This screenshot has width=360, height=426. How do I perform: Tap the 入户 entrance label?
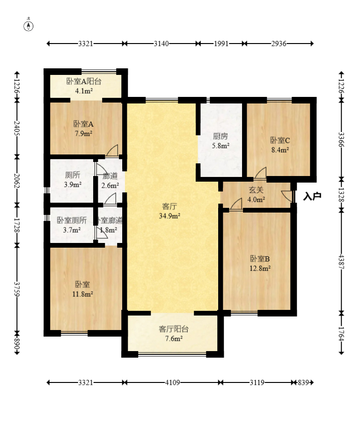[312, 196]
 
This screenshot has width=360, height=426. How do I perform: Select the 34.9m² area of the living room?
[170, 216]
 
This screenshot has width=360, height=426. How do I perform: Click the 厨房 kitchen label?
[220, 136]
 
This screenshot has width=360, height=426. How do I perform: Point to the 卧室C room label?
[280, 140]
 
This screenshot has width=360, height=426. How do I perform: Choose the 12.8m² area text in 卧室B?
[260, 268]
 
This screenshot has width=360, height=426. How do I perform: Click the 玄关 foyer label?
[256, 190]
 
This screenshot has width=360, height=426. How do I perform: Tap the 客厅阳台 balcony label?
[174, 329]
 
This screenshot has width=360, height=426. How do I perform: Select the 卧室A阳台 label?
[84, 81]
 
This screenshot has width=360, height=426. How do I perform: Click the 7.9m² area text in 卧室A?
[83, 134]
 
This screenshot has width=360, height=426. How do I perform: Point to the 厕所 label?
[73, 175]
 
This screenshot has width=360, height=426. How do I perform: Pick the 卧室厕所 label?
[72, 220]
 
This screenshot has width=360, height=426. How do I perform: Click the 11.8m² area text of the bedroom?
[83, 294]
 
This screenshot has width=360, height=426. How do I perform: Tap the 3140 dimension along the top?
[162, 44]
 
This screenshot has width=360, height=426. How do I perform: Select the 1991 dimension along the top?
[221, 44]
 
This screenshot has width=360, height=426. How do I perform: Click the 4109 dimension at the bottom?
[173, 382]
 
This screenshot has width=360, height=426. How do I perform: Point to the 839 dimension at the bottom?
[303, 382]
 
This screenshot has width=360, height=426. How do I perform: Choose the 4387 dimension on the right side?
[341, 262]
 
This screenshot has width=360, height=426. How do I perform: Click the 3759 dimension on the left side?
[17, 289]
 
